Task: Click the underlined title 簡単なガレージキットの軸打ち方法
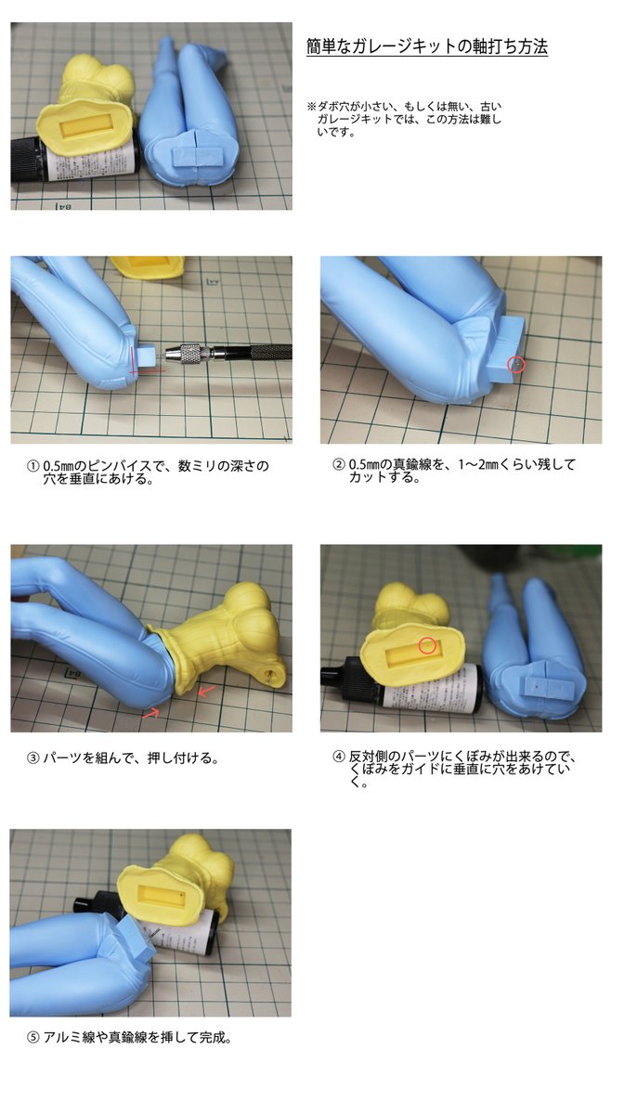(x=427, y=46)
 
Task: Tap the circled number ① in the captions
(x=32, y=466)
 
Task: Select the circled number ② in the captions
(x=338, y=464)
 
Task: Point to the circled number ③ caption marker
(x=32, y=758)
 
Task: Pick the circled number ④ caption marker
(x=338, y=757)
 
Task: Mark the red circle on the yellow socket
(x=427, y=646)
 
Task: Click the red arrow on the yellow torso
(x=206, y=690)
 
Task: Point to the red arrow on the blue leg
(x=150, y=713)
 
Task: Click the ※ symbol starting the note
(x=311, y=107)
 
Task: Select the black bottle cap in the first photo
(x=24, y=160)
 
